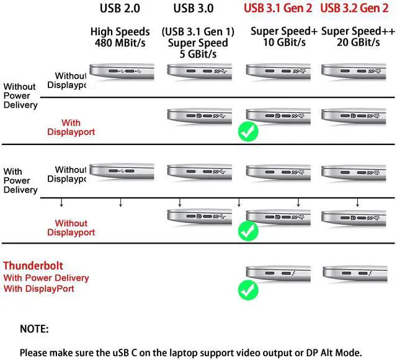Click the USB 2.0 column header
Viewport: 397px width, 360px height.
(120, 9)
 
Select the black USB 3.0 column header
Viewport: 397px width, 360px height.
(193, 9)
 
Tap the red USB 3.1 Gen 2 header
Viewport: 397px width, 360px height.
(278, 9)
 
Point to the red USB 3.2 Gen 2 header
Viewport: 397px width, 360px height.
(354, 9)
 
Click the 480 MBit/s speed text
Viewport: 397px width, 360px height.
(120, 43)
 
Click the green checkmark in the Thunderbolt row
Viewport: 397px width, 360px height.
(248, 289)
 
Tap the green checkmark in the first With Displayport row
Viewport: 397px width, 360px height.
(248, 131)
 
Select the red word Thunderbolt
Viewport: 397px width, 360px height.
(33, 266)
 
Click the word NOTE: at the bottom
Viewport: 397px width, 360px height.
(34, 329)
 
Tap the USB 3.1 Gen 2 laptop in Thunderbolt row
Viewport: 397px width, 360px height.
(277, 273)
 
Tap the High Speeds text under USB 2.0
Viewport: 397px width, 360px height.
(120, 32)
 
